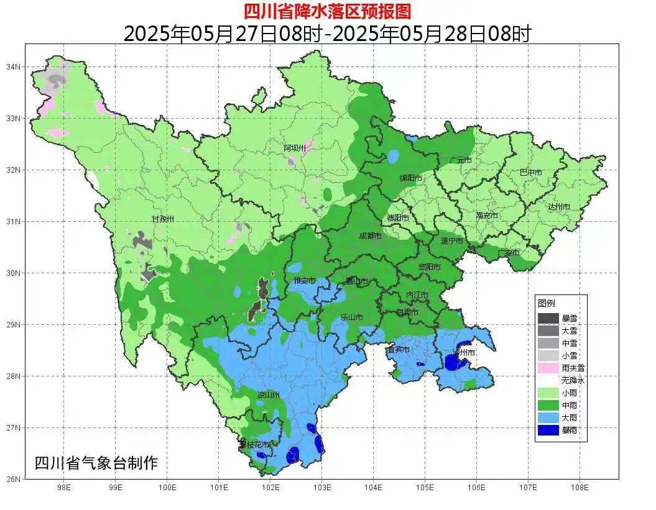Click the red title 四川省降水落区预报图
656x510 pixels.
click(327, 11)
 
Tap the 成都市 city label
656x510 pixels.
click(372, 236)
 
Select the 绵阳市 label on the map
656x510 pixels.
click(410, 178)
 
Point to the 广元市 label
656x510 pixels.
click(461, 160)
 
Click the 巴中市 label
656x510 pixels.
click(530, 173)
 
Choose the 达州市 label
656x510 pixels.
click(559, 207)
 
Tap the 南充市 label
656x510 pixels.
click(487, 216)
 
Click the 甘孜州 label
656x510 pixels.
click(163, 219)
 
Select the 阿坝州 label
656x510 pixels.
click(295, 148)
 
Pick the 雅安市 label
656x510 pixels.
click(305, 281)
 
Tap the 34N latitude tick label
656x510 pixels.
click(14, 66)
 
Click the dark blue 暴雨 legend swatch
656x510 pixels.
click(548, 429)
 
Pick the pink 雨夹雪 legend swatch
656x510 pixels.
click(548, 368)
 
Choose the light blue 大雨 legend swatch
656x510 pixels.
click(548, 417)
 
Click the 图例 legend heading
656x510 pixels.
click(547, 303)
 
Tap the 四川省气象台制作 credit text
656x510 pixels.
click(96, 463)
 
